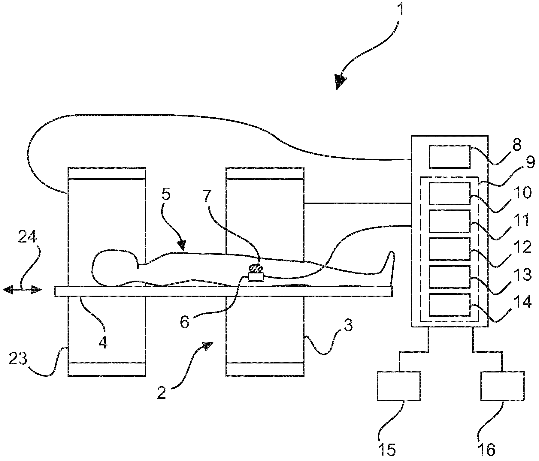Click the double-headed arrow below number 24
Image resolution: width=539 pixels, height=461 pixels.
coord(22,290)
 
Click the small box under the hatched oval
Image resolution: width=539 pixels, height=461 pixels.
coord(256,277)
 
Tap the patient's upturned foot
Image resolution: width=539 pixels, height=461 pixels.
coord(390,264)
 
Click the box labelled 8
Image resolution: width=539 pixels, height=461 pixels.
coord(449,156)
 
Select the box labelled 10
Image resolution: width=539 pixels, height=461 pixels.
coord(449,193)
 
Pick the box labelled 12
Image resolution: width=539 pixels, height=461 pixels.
coord(449,249)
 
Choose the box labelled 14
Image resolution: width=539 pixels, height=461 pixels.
coord(449,304)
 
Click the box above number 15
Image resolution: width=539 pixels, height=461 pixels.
coord(398,386)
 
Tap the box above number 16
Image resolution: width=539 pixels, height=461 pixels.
coord(502,386)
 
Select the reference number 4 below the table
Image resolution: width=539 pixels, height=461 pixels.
coord(103,342)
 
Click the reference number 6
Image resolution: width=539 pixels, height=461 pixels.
coord(185,322)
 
